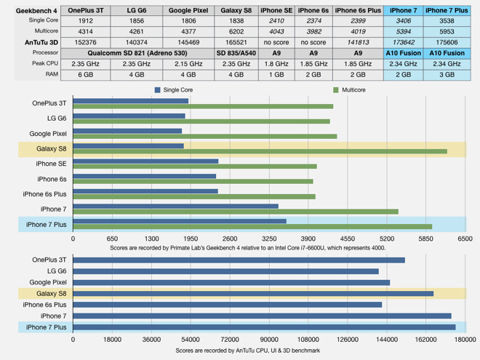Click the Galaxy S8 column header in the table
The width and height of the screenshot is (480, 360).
pyautogui.click(x=236, y=11)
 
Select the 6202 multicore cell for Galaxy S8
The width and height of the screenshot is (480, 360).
pyautogui.click(x=236, y=32)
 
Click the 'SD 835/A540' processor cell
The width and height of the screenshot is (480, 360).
pyautogui.click(x=236, y=54)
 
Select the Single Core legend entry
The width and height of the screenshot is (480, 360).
pyautogui.click(x=177, y=89)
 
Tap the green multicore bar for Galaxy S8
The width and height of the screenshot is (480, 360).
pyautogui.click(x=260, y=151)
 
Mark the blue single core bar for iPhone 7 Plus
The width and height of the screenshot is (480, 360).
pyautogui.click(x=180, y=221)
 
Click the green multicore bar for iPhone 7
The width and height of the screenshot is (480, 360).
pyautogui.click(x=236, y=212)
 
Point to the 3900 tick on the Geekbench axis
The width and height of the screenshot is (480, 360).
pyautogui.click(x=308, y=239)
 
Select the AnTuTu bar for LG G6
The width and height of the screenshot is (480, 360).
pyautogui.click(x=225, y=271)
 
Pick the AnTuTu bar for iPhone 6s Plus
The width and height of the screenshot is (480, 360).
pyautogui.click(x=227, y=305)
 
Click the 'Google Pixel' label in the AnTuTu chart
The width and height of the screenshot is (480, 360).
pyautogui.click(x=49, y=282)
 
